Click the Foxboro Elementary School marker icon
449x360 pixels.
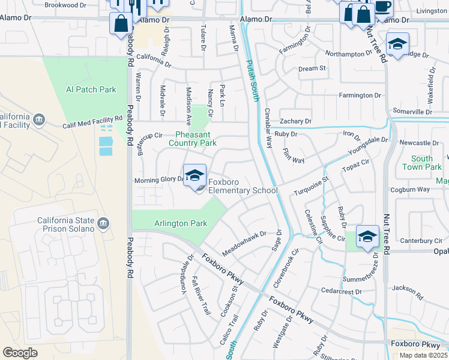click(194, 176)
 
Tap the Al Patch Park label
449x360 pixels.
click(91, 89)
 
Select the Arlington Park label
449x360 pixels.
click(181, 224)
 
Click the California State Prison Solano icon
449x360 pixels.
click(103, 224)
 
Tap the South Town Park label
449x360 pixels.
click(422, 163)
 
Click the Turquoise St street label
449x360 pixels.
click(311, 186)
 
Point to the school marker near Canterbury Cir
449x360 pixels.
click(367, 236)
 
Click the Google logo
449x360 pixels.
click(20, 353)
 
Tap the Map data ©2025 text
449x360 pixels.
click(424, 355)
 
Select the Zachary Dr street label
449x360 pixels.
click(295, 121)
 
